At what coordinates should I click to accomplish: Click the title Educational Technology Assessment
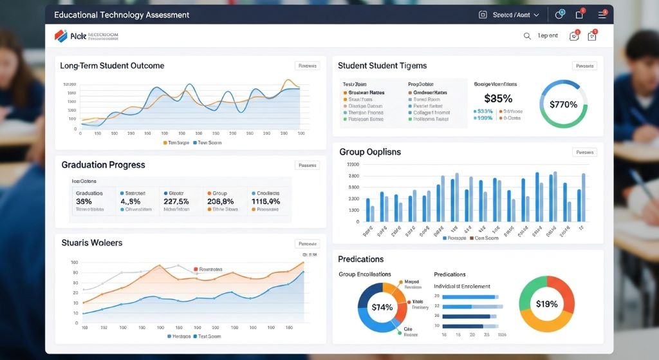pyautogui.click(x=122, y=15)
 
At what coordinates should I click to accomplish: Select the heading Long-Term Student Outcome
pyautogui.click(x=112, y=66)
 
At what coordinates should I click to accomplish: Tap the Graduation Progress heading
pyautogui.click(x=103, y=165)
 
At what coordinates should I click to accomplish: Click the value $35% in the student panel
pyautogui.click(x=497, y=99)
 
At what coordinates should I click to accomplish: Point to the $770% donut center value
pyautogui.click(x=563, y=104)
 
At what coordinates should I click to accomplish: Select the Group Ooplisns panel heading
pyautogui.click(x=369, y=152)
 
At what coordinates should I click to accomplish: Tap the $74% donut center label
pyautogui.click(x=382, y=307)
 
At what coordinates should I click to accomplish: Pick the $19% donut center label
pyautogui.click(x=546, y=304)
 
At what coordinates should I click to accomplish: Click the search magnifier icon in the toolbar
pyautogui.click(x=527, y=36)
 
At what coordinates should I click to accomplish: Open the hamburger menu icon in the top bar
pyautogui.click(x=602, y=15)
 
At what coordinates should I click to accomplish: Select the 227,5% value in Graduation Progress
pyautogui.click(x=176, y=201)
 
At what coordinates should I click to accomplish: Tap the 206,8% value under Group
pyautogui.click(x=221, y=201)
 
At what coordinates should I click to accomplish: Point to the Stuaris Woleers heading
pyautogui.click(x=91, y=243)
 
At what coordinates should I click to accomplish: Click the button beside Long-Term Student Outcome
pyautogui.click(x=307, y=66)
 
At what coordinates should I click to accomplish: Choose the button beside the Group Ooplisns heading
pyautogui.click(x=584, y=153)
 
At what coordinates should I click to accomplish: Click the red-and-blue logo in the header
pyautogui.click(x=61, y=36)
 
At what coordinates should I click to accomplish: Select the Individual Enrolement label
pyautogui.click(x=461, y=286)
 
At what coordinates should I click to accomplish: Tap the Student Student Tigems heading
pyautogui.click(x=382, y=66)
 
